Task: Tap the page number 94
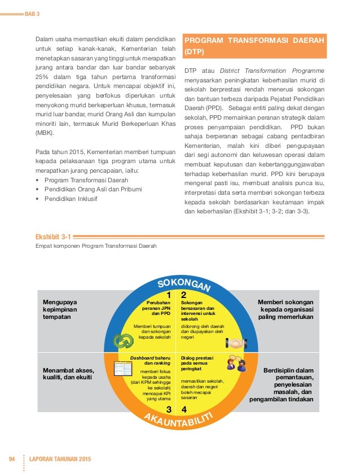pos(12,457)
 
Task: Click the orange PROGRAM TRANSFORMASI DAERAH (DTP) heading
pos(254,46)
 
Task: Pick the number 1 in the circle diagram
pos(168,295)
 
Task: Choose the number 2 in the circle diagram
pos(184,295)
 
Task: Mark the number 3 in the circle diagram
pos(168,409)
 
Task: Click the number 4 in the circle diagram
pos(184,409)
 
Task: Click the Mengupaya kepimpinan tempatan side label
pos(60,309)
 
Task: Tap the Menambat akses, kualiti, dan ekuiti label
pos(68,374)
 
